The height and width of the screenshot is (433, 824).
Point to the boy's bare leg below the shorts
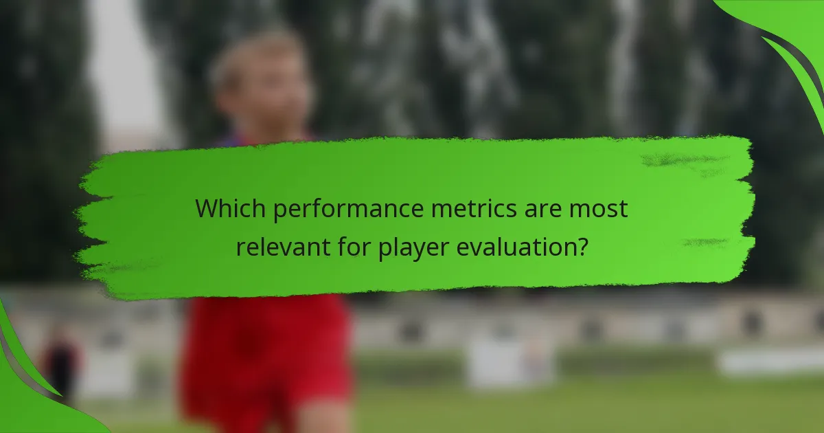point(323,421)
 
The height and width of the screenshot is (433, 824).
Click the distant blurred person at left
point(60,364)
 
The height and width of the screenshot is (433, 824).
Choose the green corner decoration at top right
point(790,34)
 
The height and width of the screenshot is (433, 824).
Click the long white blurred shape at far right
point(769,361)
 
